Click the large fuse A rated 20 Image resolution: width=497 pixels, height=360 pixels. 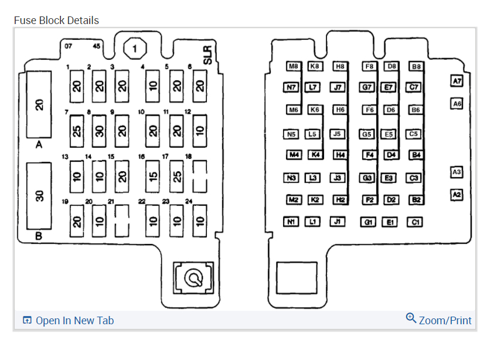coord(39,105)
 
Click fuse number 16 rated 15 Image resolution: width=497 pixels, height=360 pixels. coord(152,175)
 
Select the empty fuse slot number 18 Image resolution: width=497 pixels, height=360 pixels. coord(200,175)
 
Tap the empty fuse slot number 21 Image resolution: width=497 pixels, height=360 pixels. coord(122,220)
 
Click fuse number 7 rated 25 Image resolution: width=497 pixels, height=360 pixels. coord(77,130)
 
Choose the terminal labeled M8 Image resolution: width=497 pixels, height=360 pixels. coord(293,66)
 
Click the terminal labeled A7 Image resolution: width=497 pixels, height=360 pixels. coord(457,81)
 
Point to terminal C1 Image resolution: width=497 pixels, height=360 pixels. coord(415,222)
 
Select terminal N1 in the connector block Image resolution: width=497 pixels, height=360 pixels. coord(291,222)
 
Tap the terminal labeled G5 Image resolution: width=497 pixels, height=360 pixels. coord(367,134)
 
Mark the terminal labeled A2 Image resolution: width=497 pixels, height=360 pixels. coord(457,194)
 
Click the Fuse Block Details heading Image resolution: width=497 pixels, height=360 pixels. coord(56,20)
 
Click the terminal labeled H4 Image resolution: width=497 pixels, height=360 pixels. coord(339,155)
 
